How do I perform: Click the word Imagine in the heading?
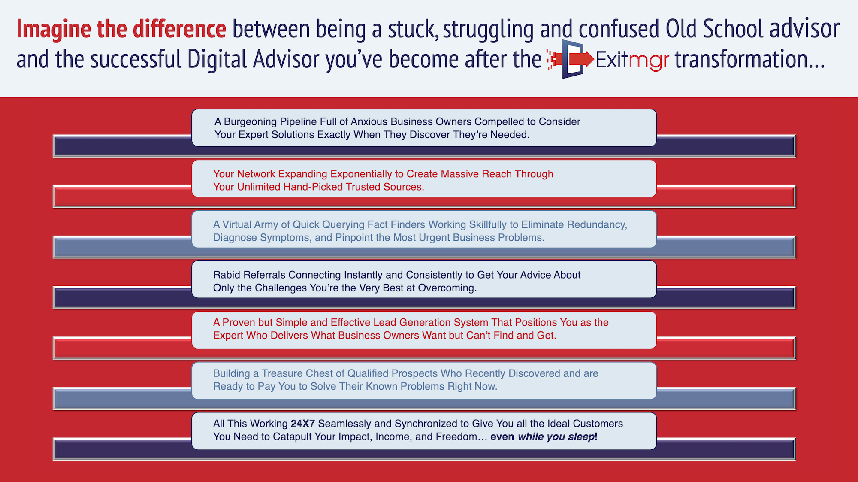[x=54, y=30]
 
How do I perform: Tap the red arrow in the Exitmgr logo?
[x=581, y=59]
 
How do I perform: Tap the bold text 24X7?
[x=303, y=424]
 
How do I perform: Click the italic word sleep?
[x=581, y=437]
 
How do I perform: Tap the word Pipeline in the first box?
[x=298, y=122]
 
